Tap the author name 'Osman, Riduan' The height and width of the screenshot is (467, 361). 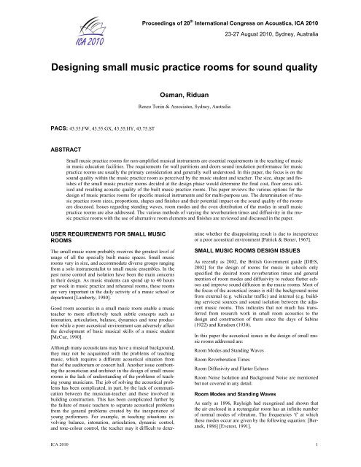tap(180, 115)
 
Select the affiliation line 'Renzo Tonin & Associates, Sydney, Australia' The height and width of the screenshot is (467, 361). tap(180, 128)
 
